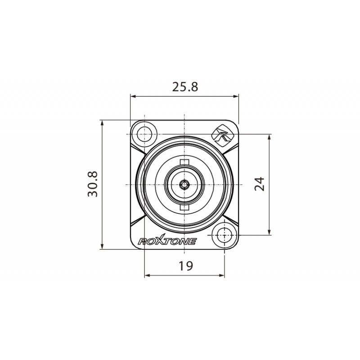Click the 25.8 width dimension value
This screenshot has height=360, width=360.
pos(185,86)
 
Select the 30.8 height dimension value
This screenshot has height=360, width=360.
pos(93,184)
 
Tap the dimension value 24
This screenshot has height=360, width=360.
pos(260,184)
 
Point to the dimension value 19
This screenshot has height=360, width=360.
pos(185,266)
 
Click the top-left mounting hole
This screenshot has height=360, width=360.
pos(145,134)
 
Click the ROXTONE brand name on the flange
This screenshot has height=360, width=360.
pos(166,242)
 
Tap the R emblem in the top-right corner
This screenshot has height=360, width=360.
pos(221,134)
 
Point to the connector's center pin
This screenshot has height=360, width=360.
pos(184,184)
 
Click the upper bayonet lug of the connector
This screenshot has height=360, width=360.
pos(184,162)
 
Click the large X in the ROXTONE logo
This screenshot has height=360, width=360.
pos(158,241)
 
